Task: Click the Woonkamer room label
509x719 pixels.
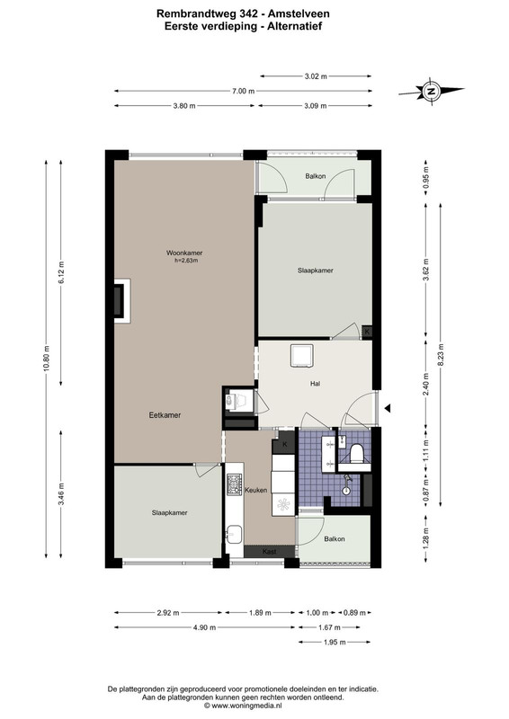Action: click(x=184, y=253)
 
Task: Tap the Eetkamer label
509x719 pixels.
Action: click(x=165, y=415)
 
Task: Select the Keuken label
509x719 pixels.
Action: click(x=255, y=490)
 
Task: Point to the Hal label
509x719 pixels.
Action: click(x=315, y=384)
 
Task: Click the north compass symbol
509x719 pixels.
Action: click(x=431, y=91)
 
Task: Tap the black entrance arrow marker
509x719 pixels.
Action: click(x=388, y=408)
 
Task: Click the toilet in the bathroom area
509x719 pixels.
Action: click(x=357, y=454)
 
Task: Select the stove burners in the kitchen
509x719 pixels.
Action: click(x=234, y=484)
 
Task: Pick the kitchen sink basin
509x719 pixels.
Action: click(x=234, y=535)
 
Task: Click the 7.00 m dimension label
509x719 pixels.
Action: click(x=243, y=91)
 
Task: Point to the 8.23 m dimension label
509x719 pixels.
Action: click(x=441, y=354)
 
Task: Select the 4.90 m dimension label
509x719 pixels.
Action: click(x=205, y=627)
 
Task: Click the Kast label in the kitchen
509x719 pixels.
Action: click(x=270, y=552)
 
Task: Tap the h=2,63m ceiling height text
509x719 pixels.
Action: click(x=186, y=261)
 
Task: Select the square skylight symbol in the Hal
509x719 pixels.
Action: click(x=301, y=356)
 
